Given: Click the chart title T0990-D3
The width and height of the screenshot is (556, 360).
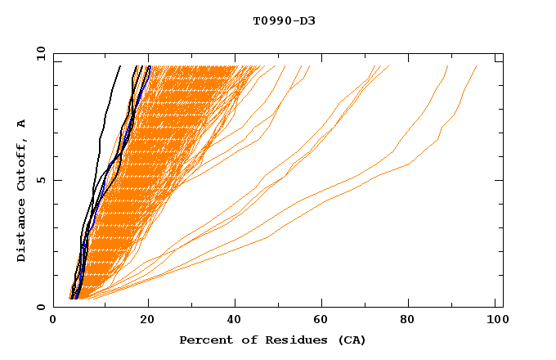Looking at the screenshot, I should coord(284,20).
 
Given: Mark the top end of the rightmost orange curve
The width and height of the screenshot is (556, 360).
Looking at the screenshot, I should coord(477,66).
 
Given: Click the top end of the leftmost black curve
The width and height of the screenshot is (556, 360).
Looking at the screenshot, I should coord(120,66).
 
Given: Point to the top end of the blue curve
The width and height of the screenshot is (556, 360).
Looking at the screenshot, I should coord(150,66).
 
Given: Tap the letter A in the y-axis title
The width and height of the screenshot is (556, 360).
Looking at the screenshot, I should coord(22,124).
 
